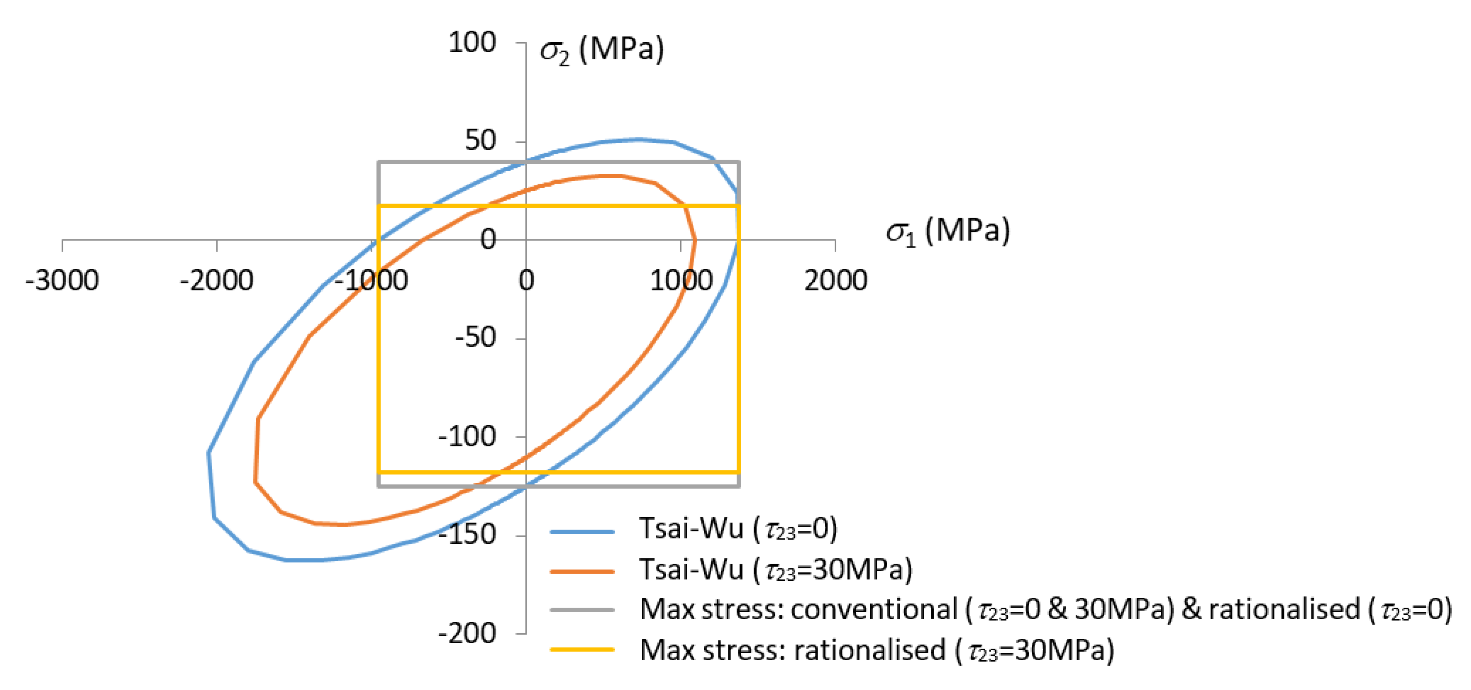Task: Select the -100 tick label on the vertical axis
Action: pyautogui.click(x=467, y=436)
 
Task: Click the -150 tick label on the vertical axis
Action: pyautogui.click(x=467, y=535)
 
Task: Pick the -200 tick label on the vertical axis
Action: pyautogui.click(x=467, y=633)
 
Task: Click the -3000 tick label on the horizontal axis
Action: pyautogui.click(x=62, y=280)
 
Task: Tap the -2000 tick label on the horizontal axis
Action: pyautogui.click(x=217, y=280)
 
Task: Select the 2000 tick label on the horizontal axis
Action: pyautogui.click(x=835, y=280)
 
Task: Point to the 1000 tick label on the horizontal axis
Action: pyautogui.click(x=681, y=280)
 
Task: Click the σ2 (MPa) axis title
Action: pyautogui.click(x=602, y=50)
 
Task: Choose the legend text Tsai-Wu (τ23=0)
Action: pyautogui.click(x=738, y=529)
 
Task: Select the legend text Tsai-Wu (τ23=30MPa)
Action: pyautogui.click(x=775, y=570)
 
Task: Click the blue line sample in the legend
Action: pyautogui.click(x=581, y=531)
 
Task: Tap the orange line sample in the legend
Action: pyautogui.click(x=581, y=571)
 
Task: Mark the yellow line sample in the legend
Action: pyautogui.click(x=581, y=649)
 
